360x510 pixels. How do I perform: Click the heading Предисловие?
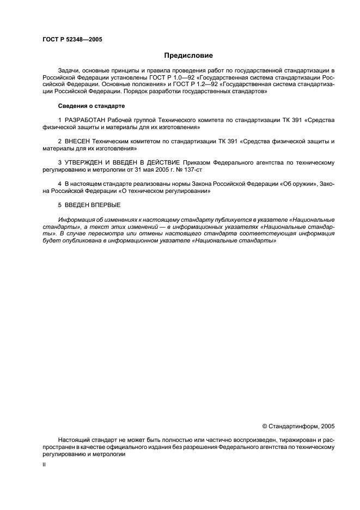click(x=188, y=56)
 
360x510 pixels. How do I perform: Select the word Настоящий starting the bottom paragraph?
click(x=74, y=440)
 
